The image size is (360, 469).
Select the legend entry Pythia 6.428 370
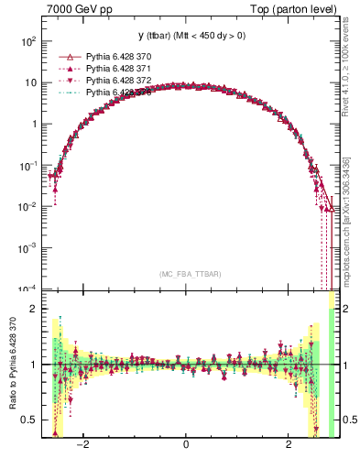coord(115,57)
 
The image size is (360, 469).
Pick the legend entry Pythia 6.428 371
coord(115,69)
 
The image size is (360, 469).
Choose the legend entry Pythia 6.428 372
coord(115,81)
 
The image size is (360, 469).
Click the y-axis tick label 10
coord(30,82)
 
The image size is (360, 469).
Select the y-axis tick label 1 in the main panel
coord(34,124)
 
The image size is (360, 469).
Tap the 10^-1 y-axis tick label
coord(27,165)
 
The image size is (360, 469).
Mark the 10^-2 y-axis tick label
coord(27,206)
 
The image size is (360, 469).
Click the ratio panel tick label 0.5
coord(29,420)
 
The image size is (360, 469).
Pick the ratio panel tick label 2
coord(34,309)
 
